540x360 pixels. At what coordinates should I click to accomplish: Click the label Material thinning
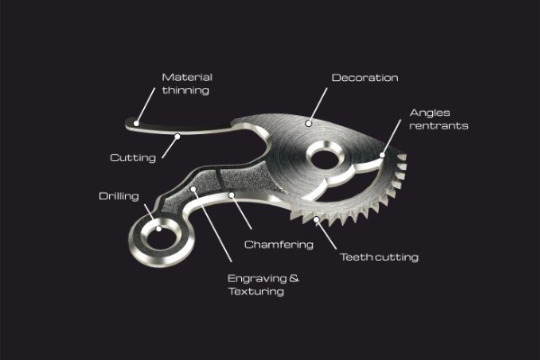186,84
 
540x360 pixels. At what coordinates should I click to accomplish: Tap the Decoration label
364,78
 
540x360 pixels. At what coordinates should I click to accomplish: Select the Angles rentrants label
439,119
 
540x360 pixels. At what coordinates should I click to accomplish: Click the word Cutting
133,157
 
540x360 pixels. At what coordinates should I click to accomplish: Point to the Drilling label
119,196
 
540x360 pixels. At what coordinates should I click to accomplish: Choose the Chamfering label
279,245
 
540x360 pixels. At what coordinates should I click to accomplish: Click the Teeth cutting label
379,257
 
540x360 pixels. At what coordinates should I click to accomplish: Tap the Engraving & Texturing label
263,284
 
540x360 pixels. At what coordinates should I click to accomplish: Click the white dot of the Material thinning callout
137,123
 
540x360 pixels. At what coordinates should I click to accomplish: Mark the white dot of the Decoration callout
309,123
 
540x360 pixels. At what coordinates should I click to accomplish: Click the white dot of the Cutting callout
177,137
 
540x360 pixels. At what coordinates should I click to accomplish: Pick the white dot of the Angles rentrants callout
382,155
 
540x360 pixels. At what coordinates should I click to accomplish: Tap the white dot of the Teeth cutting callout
316,219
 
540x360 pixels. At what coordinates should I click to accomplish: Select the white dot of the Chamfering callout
232,195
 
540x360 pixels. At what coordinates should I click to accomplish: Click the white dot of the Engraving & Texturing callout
193,189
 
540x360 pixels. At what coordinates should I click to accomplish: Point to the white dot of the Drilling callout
158,229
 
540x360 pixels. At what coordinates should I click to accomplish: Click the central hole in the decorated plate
324,159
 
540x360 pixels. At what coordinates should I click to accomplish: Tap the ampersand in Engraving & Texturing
294,278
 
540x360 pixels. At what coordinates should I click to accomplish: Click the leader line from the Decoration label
318,105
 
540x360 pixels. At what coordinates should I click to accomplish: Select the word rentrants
439,126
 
